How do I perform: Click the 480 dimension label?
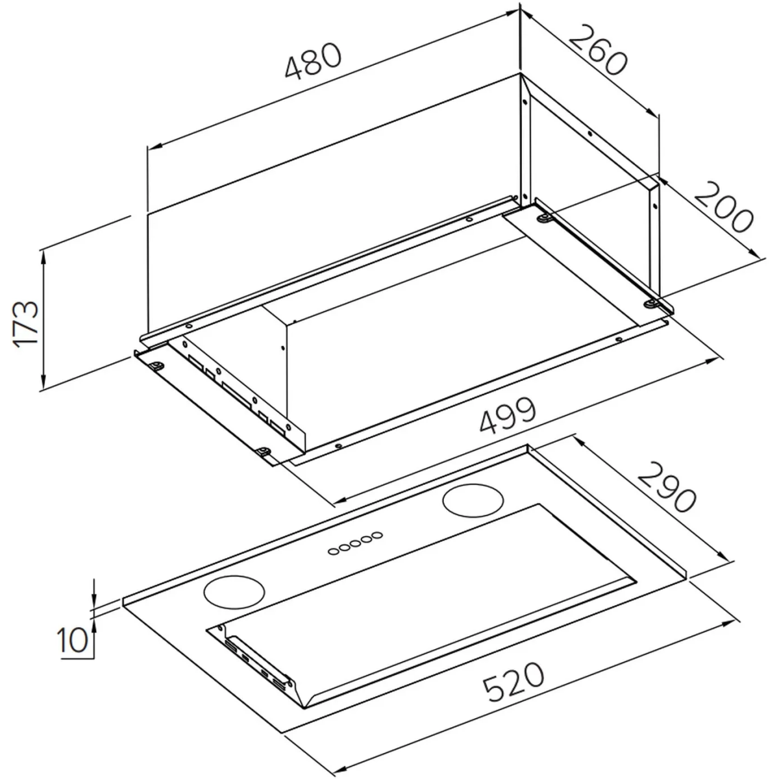click(314, 61)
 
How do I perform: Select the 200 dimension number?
click(724, 207)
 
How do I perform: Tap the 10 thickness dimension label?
click(72, 640)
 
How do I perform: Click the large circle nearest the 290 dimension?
click(473, 501)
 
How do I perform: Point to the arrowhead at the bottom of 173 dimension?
click(43, 382)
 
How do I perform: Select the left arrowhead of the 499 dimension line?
click(341, 501)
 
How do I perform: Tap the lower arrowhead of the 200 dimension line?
click(753, 252)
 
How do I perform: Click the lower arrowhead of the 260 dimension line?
click(652, 112)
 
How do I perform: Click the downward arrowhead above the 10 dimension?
click(93, 599)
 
